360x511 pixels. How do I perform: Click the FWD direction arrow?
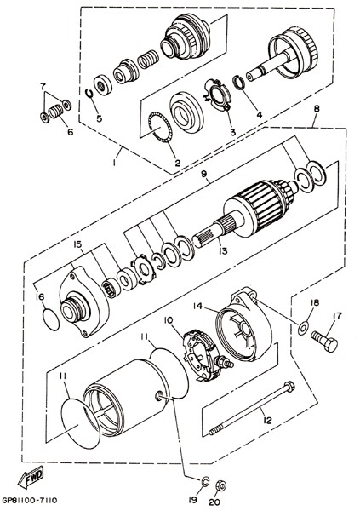pos(31,476)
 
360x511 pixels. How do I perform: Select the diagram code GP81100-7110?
pos(30,500)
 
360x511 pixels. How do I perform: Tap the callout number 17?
pos(337,315)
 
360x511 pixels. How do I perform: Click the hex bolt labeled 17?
pos(324,341)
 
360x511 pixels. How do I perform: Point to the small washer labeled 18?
pos(303,327)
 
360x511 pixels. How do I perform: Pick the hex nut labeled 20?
pos(221,485)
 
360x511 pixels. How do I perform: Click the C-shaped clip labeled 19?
pos(205,482)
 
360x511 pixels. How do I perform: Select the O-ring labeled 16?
pos(51,319)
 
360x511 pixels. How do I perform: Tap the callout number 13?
pos(224,251)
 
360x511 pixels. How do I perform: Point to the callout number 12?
pos(267,421)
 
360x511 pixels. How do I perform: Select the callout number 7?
pos(43,87)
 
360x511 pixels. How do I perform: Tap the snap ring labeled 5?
pos(89,93)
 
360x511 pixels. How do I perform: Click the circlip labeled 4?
pos(241,83)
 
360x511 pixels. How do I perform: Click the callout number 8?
pos(317,109)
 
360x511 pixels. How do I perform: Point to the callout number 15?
pos(77,244)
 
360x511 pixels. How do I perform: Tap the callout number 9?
pos(204,174)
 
